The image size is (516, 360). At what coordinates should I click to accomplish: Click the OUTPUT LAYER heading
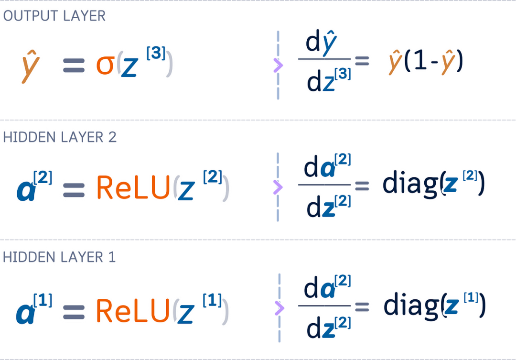point(54,16)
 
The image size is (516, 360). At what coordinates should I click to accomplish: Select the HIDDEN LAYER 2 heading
point(60,137)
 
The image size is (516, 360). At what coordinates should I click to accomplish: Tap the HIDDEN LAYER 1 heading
point(59,257)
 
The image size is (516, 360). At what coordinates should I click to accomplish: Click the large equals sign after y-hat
point(75,65)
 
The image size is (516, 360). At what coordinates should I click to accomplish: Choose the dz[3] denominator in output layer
point(329,81)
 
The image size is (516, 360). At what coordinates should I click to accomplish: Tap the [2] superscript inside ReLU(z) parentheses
point(212,178)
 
